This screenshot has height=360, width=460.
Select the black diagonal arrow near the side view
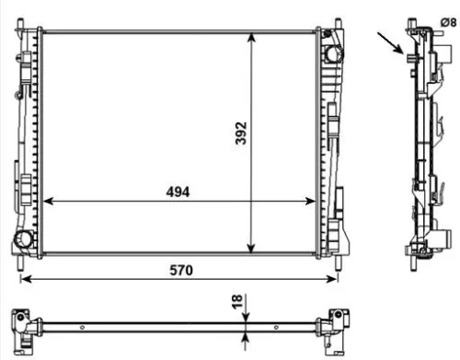click(x=390, y=42)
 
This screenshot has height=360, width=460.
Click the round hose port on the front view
click(x=22, y=242)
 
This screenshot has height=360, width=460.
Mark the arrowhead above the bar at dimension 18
click(x=246, y=315)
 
